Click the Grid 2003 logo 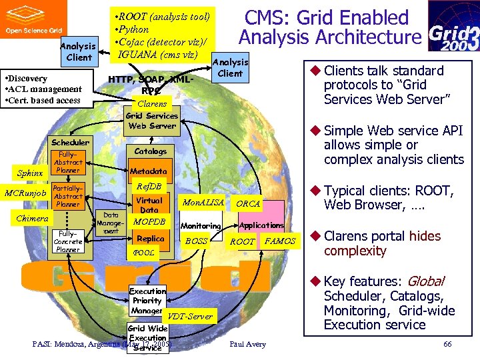coord(453,26)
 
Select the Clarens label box coord(152,104)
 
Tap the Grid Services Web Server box coord(152,121)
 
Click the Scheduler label coord(70,142)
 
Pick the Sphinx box coord(30,173)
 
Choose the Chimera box coord(32,219)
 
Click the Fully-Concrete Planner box coord(68,241)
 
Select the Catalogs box coord(150,151)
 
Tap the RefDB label coord(149,186)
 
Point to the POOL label coord(143,253)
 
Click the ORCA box coord(248,203)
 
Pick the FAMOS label coord(280,241)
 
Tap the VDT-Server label coord(191,316)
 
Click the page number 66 coord(447,344)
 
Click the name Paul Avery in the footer coord(247,344)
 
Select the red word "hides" coord(425,236)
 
